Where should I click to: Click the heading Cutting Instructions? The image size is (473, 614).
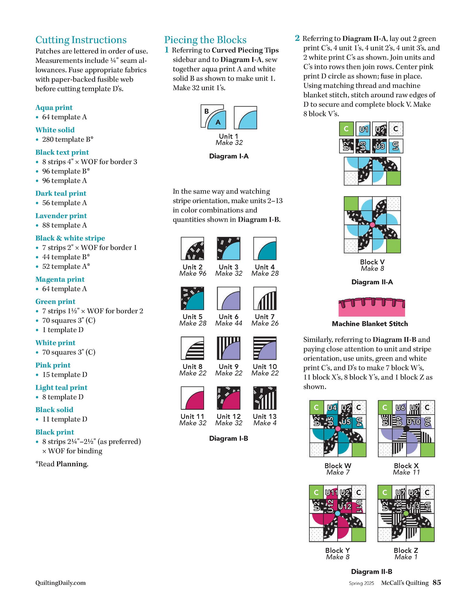point(81,40)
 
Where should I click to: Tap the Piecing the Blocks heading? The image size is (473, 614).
point(205,40)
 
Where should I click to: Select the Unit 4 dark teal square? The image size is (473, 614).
point(265,249)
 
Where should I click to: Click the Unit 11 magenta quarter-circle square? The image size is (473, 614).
point(192,398)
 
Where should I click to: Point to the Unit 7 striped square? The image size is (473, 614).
point(265,298)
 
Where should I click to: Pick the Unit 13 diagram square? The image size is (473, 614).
point(265,398)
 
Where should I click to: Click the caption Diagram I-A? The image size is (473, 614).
point(229,156)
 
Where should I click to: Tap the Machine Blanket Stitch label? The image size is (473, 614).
point(370,324)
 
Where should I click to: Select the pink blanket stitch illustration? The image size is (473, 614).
point(372,307)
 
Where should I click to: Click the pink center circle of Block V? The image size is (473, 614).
point(372,225)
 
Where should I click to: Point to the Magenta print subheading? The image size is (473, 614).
point(60,279)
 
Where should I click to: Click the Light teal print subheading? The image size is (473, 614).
point(61,387)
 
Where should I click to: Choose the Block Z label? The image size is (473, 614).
point(406,551)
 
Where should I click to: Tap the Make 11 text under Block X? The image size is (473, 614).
point(406,472)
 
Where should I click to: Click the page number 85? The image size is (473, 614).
point(437,583)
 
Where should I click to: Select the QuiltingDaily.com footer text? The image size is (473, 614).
point(60,583)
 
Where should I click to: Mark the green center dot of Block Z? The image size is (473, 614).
point(406,513)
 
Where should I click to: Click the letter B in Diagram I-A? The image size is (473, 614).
point(206,111)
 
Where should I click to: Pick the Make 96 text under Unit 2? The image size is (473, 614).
point(192,273)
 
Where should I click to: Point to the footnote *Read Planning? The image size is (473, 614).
point(62,464)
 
